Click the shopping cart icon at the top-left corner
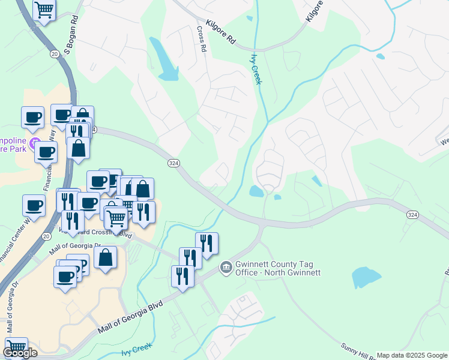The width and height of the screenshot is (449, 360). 44,10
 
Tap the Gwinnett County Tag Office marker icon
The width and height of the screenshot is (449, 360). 226,266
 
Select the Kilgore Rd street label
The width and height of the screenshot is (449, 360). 221,34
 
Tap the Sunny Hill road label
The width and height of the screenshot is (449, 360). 358,350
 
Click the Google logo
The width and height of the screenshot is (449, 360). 20,353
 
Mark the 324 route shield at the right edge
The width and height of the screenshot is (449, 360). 412,214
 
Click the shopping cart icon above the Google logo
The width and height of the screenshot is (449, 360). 16,347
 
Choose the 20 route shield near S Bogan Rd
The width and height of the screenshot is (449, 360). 55,54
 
